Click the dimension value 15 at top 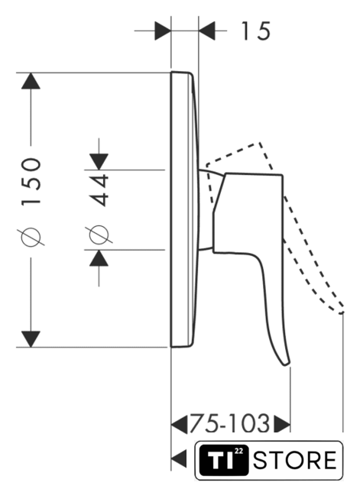click(255, 31)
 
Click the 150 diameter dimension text click(31, 182)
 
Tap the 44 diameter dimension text click(99, 190)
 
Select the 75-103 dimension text click(229, 424)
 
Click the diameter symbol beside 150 click(31, 237)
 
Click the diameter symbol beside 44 click(99, 235)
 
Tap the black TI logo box click(224, 460)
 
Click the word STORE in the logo click(295, 460)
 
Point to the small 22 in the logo click(238, 451)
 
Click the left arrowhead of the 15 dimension click(163, 31)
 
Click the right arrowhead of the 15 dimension click(207, 31)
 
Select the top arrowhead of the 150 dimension click(31, 81)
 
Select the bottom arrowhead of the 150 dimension click(31, 339)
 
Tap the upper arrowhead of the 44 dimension click(99, 162)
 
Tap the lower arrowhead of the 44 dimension click(99, 258)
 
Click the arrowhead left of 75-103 click(180, 424)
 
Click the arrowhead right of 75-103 click(282, 424)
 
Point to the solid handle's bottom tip click(286, 364)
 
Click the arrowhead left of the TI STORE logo click(180, 458)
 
